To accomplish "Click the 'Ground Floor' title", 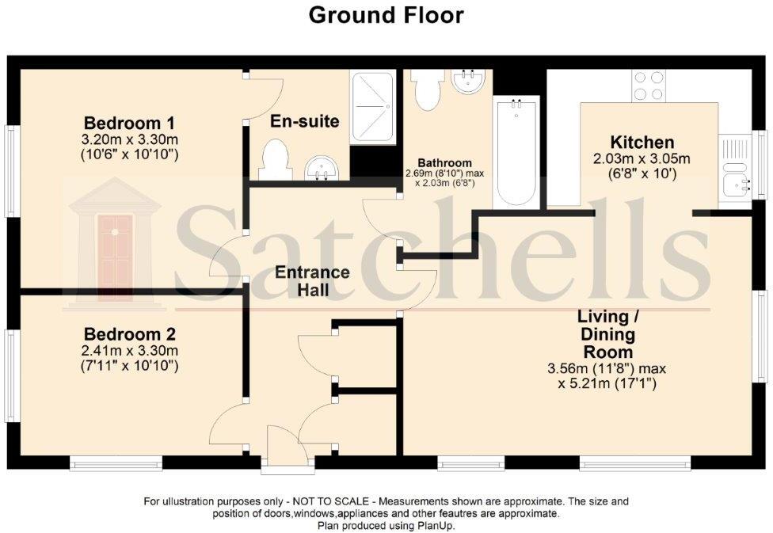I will pyautogui.click(x=386, y=15).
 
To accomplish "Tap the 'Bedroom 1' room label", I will pyautogui.click(x=130, y=124).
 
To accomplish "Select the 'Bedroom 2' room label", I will pyautogui.click(x=130, y=333).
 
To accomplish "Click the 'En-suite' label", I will pyautogui.click(x=305, y=121).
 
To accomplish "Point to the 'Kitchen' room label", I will pyautogui.click(x=642, y=143).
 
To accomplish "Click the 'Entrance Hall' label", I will pyautogui.click(x=312, y=281).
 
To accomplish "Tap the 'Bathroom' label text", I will pyautogui.click(x=450, y=163).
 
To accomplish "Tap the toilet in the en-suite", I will pyautogui.click(x=273, y=159).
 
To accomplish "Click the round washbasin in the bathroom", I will pyautogui.click(x=468, y=81).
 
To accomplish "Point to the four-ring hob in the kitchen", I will pyautogui.click(x=649, y=86).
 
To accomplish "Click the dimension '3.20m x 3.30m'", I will pyautogui.click(x=130, y=139).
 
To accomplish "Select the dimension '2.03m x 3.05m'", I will pyautogui.click(x=642, y=158).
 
